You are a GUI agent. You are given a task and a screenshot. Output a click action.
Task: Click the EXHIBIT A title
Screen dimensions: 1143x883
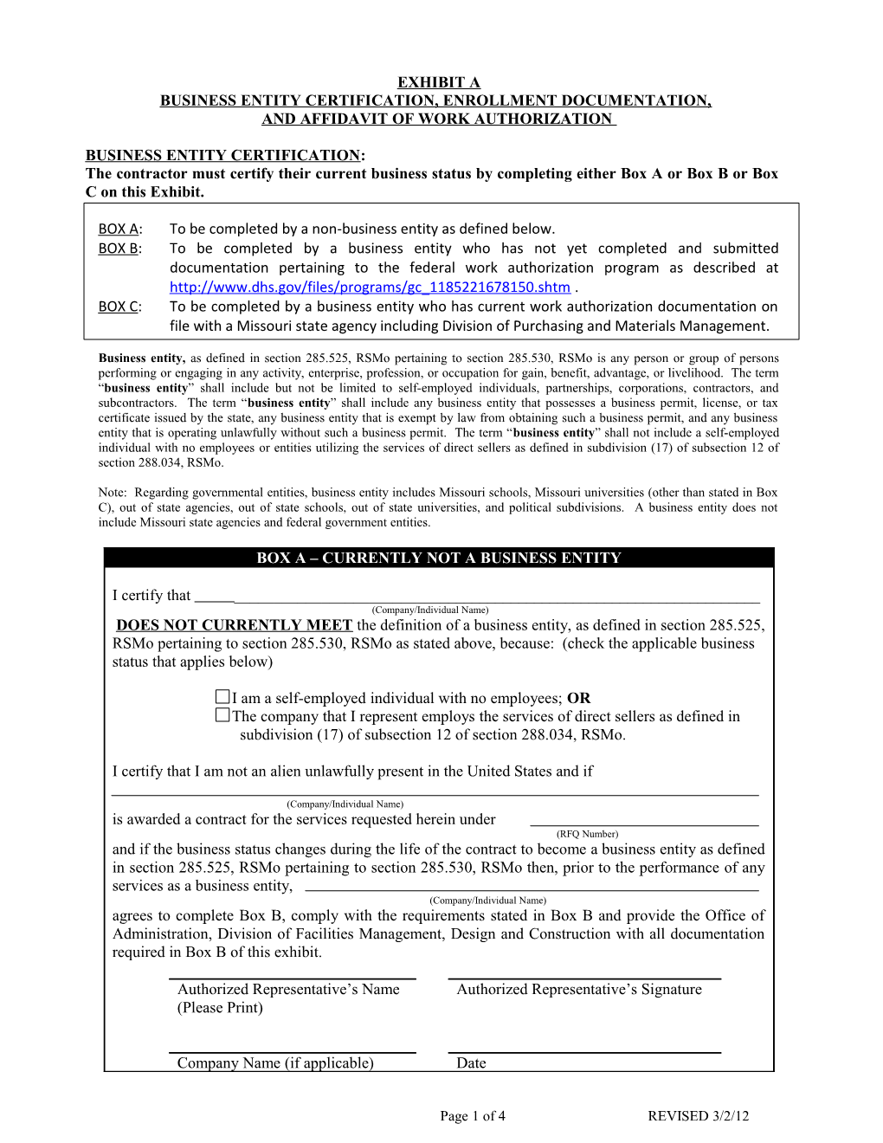(x=438, y=82)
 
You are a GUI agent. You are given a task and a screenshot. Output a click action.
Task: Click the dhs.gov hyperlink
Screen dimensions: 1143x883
(x=370, y=287)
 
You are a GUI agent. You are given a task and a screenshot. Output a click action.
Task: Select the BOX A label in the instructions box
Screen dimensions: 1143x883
(x=119, y=229)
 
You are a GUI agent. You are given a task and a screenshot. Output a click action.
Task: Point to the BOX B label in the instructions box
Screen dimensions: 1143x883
(x=119, y=249)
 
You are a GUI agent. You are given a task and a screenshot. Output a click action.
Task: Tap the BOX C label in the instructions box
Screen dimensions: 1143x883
(x=119, y=307)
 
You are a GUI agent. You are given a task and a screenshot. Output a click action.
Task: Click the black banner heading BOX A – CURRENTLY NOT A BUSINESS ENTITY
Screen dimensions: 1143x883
(x=438, y=559)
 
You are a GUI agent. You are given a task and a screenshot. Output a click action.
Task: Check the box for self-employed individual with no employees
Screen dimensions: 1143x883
(x=222, y=697)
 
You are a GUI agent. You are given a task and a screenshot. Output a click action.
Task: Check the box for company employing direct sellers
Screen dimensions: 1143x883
(x=222, y=715)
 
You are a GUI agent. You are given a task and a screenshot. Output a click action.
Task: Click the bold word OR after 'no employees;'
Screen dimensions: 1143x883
(x=578, y=698)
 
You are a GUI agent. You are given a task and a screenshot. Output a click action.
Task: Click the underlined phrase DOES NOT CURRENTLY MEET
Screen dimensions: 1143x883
(x=234, y=625)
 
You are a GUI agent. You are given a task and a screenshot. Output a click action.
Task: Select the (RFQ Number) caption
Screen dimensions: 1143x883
(x=587, y=834)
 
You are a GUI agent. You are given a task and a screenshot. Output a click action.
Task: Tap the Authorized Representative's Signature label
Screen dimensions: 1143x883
(x=579, y=990)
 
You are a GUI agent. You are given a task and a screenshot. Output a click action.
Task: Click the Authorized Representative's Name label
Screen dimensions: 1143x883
(x=288, y=990)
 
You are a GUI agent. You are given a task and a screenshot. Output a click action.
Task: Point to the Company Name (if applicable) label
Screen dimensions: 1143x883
(x=275, y=1063)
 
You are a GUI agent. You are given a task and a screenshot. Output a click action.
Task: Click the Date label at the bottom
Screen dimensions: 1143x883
(x=471, y=1063)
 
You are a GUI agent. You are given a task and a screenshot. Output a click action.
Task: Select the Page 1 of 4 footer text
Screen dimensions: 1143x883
(x=472, y=1116)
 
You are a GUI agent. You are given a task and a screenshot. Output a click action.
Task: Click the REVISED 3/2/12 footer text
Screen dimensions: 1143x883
(x=698, y=1116)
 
